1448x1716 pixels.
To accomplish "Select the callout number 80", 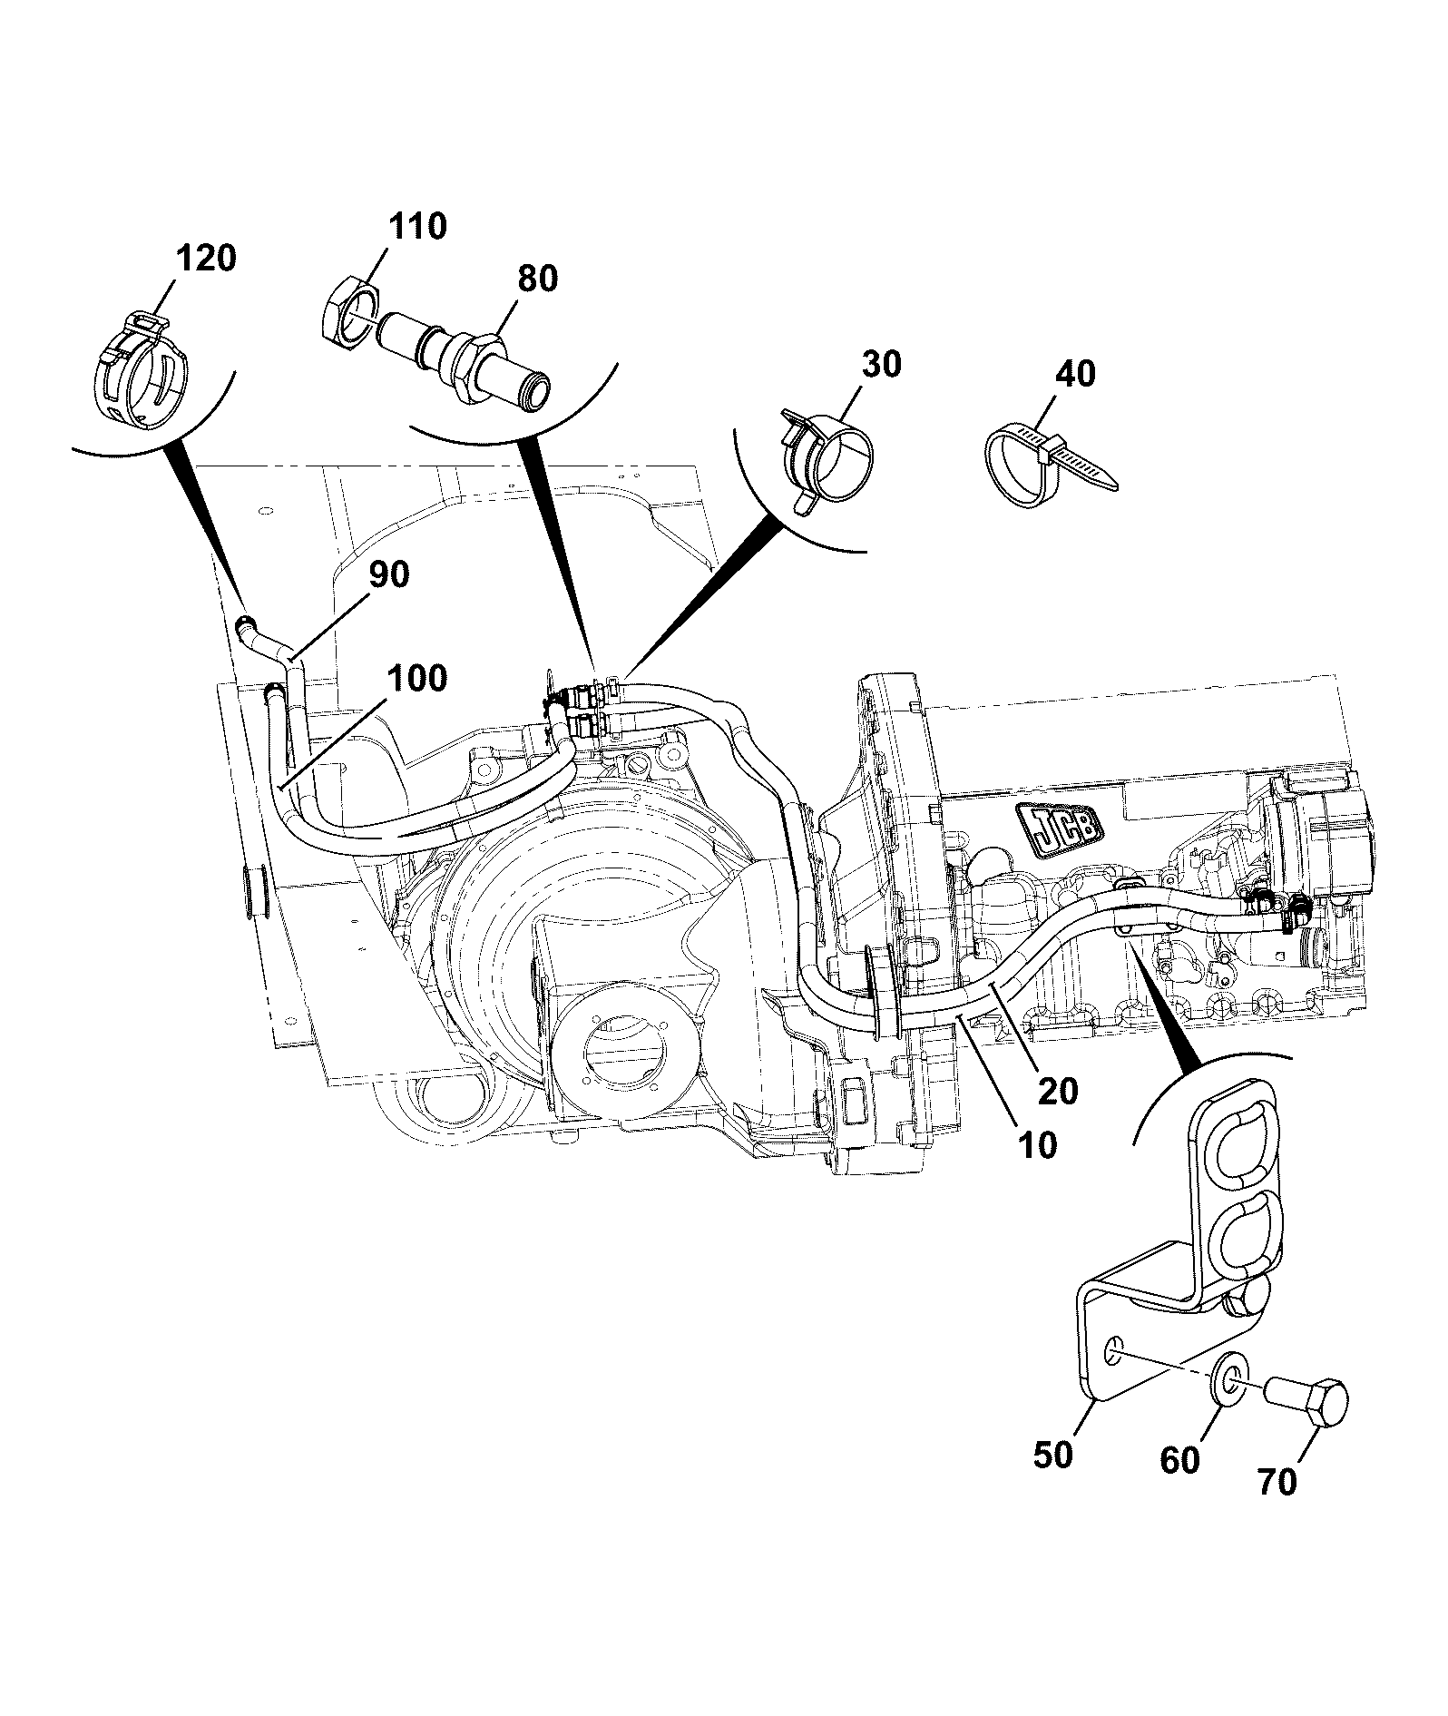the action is click(537, 278).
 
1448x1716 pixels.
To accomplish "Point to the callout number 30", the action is click(881, 365).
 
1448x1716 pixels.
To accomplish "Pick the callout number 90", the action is click(388, 574).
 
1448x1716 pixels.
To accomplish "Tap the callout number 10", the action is click(1037, 1145).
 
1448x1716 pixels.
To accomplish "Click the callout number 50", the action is click(1053, 1455).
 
